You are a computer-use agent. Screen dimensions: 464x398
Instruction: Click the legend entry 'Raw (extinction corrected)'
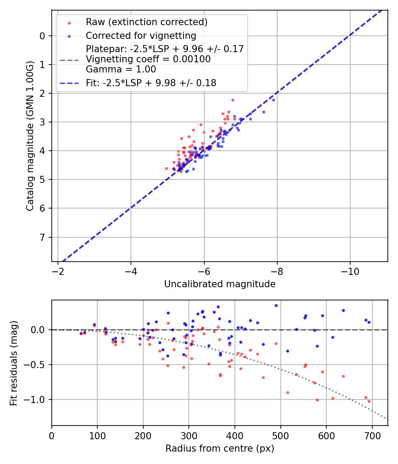pos(146,22)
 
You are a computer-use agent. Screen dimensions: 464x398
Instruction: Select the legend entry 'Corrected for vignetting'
pos(141,36)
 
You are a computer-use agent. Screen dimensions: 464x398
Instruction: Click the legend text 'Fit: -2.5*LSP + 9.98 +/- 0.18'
pos(151,83)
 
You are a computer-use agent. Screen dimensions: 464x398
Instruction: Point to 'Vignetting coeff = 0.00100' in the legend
pos(148,59)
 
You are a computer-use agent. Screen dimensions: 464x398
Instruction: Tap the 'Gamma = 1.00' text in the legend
pos(121,69)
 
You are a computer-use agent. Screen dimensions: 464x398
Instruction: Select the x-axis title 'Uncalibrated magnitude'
pos(220,284)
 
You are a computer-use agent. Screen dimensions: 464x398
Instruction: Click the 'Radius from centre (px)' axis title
pos(220,449)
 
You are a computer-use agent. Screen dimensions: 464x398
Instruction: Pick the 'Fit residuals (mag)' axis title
pos(14,362)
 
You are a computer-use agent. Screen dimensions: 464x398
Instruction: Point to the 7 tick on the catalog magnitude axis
pos(43,237)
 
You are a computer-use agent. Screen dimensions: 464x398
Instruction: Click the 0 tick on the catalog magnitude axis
pos(43,36)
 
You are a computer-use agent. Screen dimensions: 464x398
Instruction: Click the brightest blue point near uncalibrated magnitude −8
pos(273,100)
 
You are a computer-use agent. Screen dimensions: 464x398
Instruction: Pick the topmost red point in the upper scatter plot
pos(233,100)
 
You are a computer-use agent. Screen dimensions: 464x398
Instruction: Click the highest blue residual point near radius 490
pos(276,305)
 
